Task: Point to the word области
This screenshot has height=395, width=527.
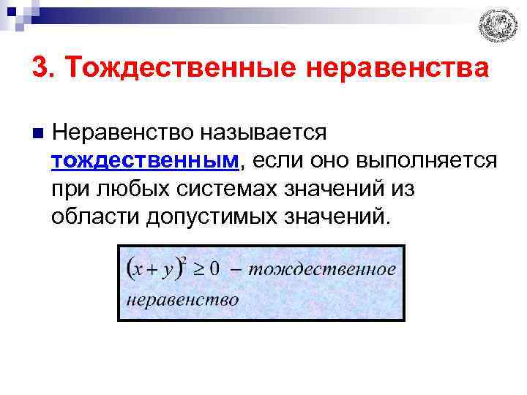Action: (95, 217)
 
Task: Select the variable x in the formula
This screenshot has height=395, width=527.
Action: (138, 268)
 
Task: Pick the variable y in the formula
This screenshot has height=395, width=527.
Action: (169, 269)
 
